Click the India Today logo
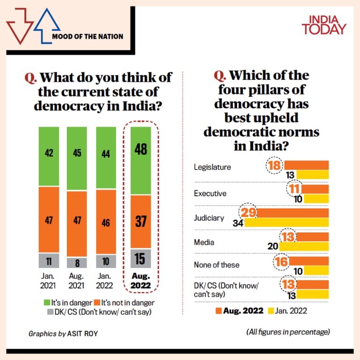324,24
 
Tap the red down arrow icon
19,28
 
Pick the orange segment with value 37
140,221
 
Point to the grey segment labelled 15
140,258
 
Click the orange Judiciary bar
292,213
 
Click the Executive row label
210,193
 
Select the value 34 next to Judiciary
238,223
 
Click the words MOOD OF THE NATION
88,36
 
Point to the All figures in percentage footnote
288,332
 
